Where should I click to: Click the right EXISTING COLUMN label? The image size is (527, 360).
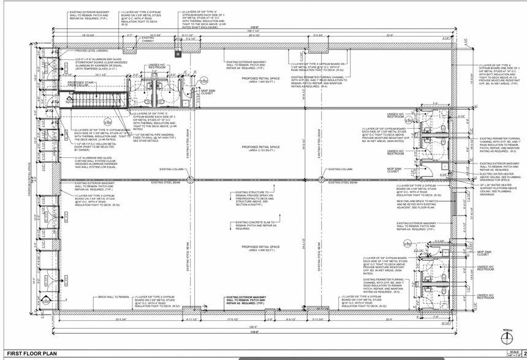[341, 169]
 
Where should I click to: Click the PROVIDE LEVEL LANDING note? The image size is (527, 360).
[91, 51]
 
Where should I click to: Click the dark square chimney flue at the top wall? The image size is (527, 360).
[178, 55]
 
